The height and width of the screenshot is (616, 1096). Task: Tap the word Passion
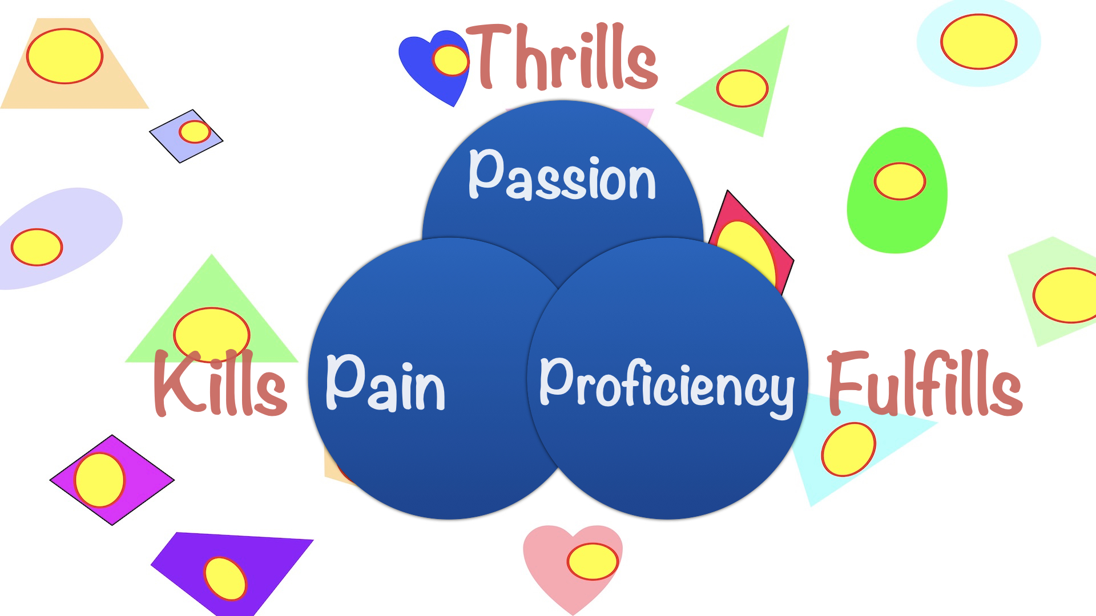562,176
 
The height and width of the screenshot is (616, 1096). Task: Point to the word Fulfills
925,383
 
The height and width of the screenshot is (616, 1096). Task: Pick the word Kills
220,383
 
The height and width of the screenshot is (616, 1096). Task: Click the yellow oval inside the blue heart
450,60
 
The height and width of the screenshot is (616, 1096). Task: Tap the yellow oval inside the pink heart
593,561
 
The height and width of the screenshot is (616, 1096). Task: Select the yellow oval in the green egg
900,181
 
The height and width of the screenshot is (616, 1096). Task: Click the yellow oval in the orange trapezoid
65,56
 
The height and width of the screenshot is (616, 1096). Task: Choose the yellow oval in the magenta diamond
99,480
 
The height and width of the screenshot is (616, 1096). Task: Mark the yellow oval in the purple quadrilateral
225,578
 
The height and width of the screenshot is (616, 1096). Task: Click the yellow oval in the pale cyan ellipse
978,42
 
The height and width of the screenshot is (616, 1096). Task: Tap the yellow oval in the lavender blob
37,247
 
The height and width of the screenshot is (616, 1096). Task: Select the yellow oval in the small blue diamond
195,132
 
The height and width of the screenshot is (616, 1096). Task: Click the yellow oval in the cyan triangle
848,449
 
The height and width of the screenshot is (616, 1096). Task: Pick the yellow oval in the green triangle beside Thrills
742,88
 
